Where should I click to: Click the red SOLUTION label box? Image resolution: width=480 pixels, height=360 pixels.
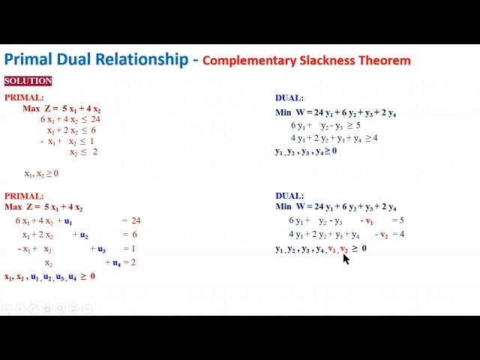click(x=28, y=81)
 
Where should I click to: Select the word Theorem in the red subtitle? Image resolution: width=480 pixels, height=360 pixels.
click(x=385, y=60)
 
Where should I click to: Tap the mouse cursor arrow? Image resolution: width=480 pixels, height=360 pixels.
click(x=346, y=258)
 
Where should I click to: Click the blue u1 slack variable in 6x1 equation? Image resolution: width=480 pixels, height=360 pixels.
click(x=68, y=221)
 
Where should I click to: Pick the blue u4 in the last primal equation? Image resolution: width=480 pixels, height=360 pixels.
click(x=117, y=263)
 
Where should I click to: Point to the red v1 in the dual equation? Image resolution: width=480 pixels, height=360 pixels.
click(x=369, y=221)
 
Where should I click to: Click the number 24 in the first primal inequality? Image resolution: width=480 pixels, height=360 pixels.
click(x=95, y=119)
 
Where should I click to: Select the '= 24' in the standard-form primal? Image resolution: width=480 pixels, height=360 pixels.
click(x=131, y=220)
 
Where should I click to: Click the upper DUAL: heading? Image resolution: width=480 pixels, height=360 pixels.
click(x=289, y=98)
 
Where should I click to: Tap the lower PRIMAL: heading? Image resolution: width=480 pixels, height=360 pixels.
click(x=24, y=196)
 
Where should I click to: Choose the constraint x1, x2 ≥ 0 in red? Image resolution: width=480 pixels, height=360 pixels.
click(x=41, y=174)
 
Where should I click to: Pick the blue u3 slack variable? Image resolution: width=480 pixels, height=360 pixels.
click(x=101, y=249)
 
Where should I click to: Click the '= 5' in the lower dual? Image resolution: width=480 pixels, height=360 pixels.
click(x=397, y=220)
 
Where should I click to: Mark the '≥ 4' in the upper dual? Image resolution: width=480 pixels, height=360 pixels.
click(x=371, y=138)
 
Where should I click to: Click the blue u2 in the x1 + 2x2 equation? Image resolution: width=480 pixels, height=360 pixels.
click(x=84, y=235)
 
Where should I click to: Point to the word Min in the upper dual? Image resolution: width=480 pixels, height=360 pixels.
click(x=283, y=113)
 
